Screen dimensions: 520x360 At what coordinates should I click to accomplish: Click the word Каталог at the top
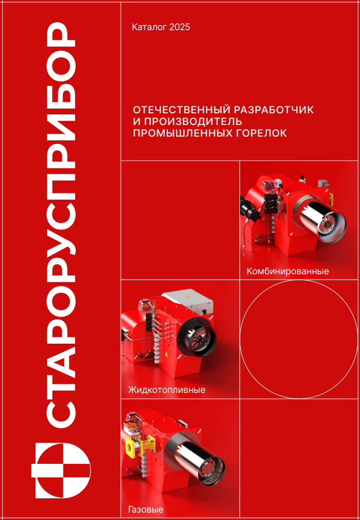[150, 27]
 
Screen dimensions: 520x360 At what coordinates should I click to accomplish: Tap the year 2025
[179, 27]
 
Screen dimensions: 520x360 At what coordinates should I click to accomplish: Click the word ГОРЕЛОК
[260, 133]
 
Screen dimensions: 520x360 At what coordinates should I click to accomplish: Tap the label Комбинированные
[287, 272]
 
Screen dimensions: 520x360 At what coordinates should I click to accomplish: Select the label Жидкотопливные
[166, 391]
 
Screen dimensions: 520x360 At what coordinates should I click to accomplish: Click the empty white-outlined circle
[299, 339]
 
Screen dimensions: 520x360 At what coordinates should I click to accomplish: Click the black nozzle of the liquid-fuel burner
[198, 337]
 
